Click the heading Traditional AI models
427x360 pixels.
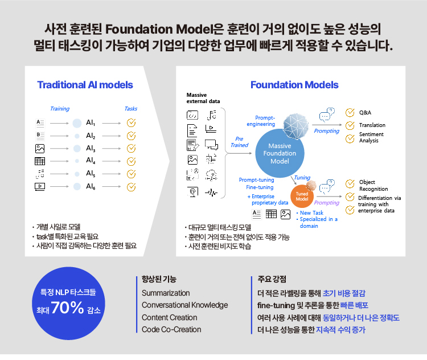[x=85, y=85]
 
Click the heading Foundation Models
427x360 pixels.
[x=294, y=85]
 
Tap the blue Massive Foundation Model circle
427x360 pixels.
[x=280, y=153]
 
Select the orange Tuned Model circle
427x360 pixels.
[x=302, y=196]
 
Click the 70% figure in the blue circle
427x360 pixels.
[x=67, y=308]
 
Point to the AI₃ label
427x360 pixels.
[x=91, y=148]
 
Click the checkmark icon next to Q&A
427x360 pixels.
[x=350, y=112]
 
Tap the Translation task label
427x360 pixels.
[x=372, y=125]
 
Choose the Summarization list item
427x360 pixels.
[x=166, y=293]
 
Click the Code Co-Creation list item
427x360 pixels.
[x=171, y=329]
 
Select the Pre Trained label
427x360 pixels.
[x=239, y=142]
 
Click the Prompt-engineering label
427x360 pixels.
[x=261, y=121]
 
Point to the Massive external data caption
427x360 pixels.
[x=203, y=98]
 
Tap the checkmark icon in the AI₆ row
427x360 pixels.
[x=132, y=187]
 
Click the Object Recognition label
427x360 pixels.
[x=373, y=185]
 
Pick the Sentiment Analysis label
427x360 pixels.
[x=371, y=137]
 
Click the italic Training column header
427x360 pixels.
[x=60, y=109]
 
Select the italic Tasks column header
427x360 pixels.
[x=131, y=109]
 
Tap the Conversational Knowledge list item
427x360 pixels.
[x=185, y=305]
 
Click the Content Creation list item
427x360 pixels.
[x=170, y=317]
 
